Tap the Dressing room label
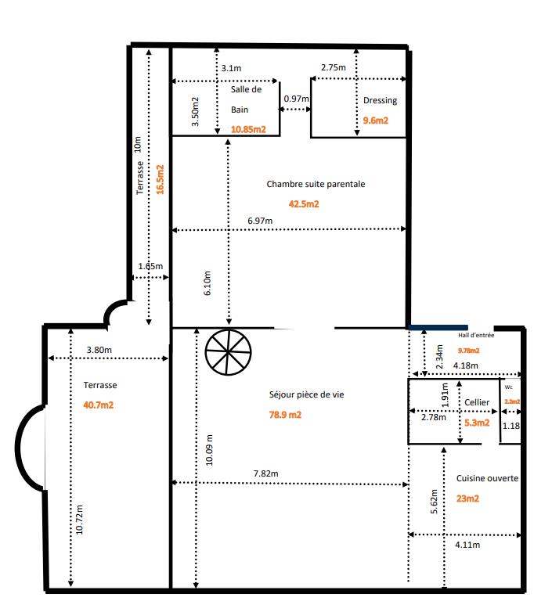pos(380,100)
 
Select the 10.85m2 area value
pos(247,130)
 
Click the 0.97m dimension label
pos(295,99)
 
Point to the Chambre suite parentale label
pos(316,185)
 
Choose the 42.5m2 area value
pos(304,203)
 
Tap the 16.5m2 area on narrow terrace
pos(160,178)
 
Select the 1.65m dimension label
pos(150,267)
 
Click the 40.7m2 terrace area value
pos(99,405)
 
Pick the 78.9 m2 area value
pos(285,415)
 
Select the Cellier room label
pos(477,402)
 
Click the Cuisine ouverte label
pos(487,477)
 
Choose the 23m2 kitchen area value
pos(467,498)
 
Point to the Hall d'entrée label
pos(476,335)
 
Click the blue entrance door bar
pos(438,327)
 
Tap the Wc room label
pos(508,387)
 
